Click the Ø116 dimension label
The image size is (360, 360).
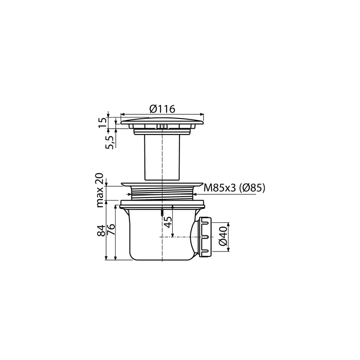162,109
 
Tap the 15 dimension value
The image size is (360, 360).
103,123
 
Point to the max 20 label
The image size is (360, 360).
100,190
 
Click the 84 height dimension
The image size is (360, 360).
101,230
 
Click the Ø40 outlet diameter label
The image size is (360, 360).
223,236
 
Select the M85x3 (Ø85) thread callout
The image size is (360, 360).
234,188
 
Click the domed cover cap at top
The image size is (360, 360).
162,121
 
